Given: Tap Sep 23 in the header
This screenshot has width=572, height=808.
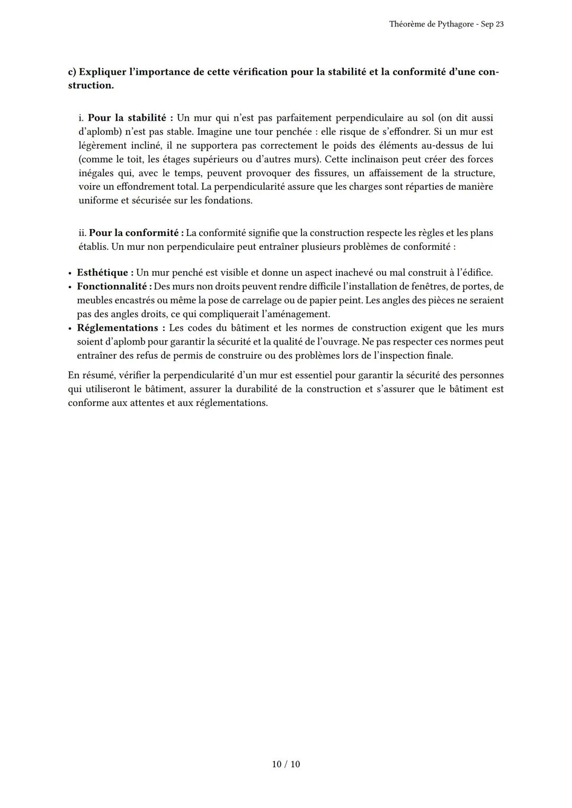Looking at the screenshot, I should click(x=493, y=24).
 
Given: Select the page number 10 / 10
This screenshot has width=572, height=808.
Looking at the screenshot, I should click(x=286, y=764).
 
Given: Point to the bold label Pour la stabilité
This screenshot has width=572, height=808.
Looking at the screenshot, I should click(x=130, y=118).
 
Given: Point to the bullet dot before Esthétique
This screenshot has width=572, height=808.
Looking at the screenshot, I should click(x=70, y=274).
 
